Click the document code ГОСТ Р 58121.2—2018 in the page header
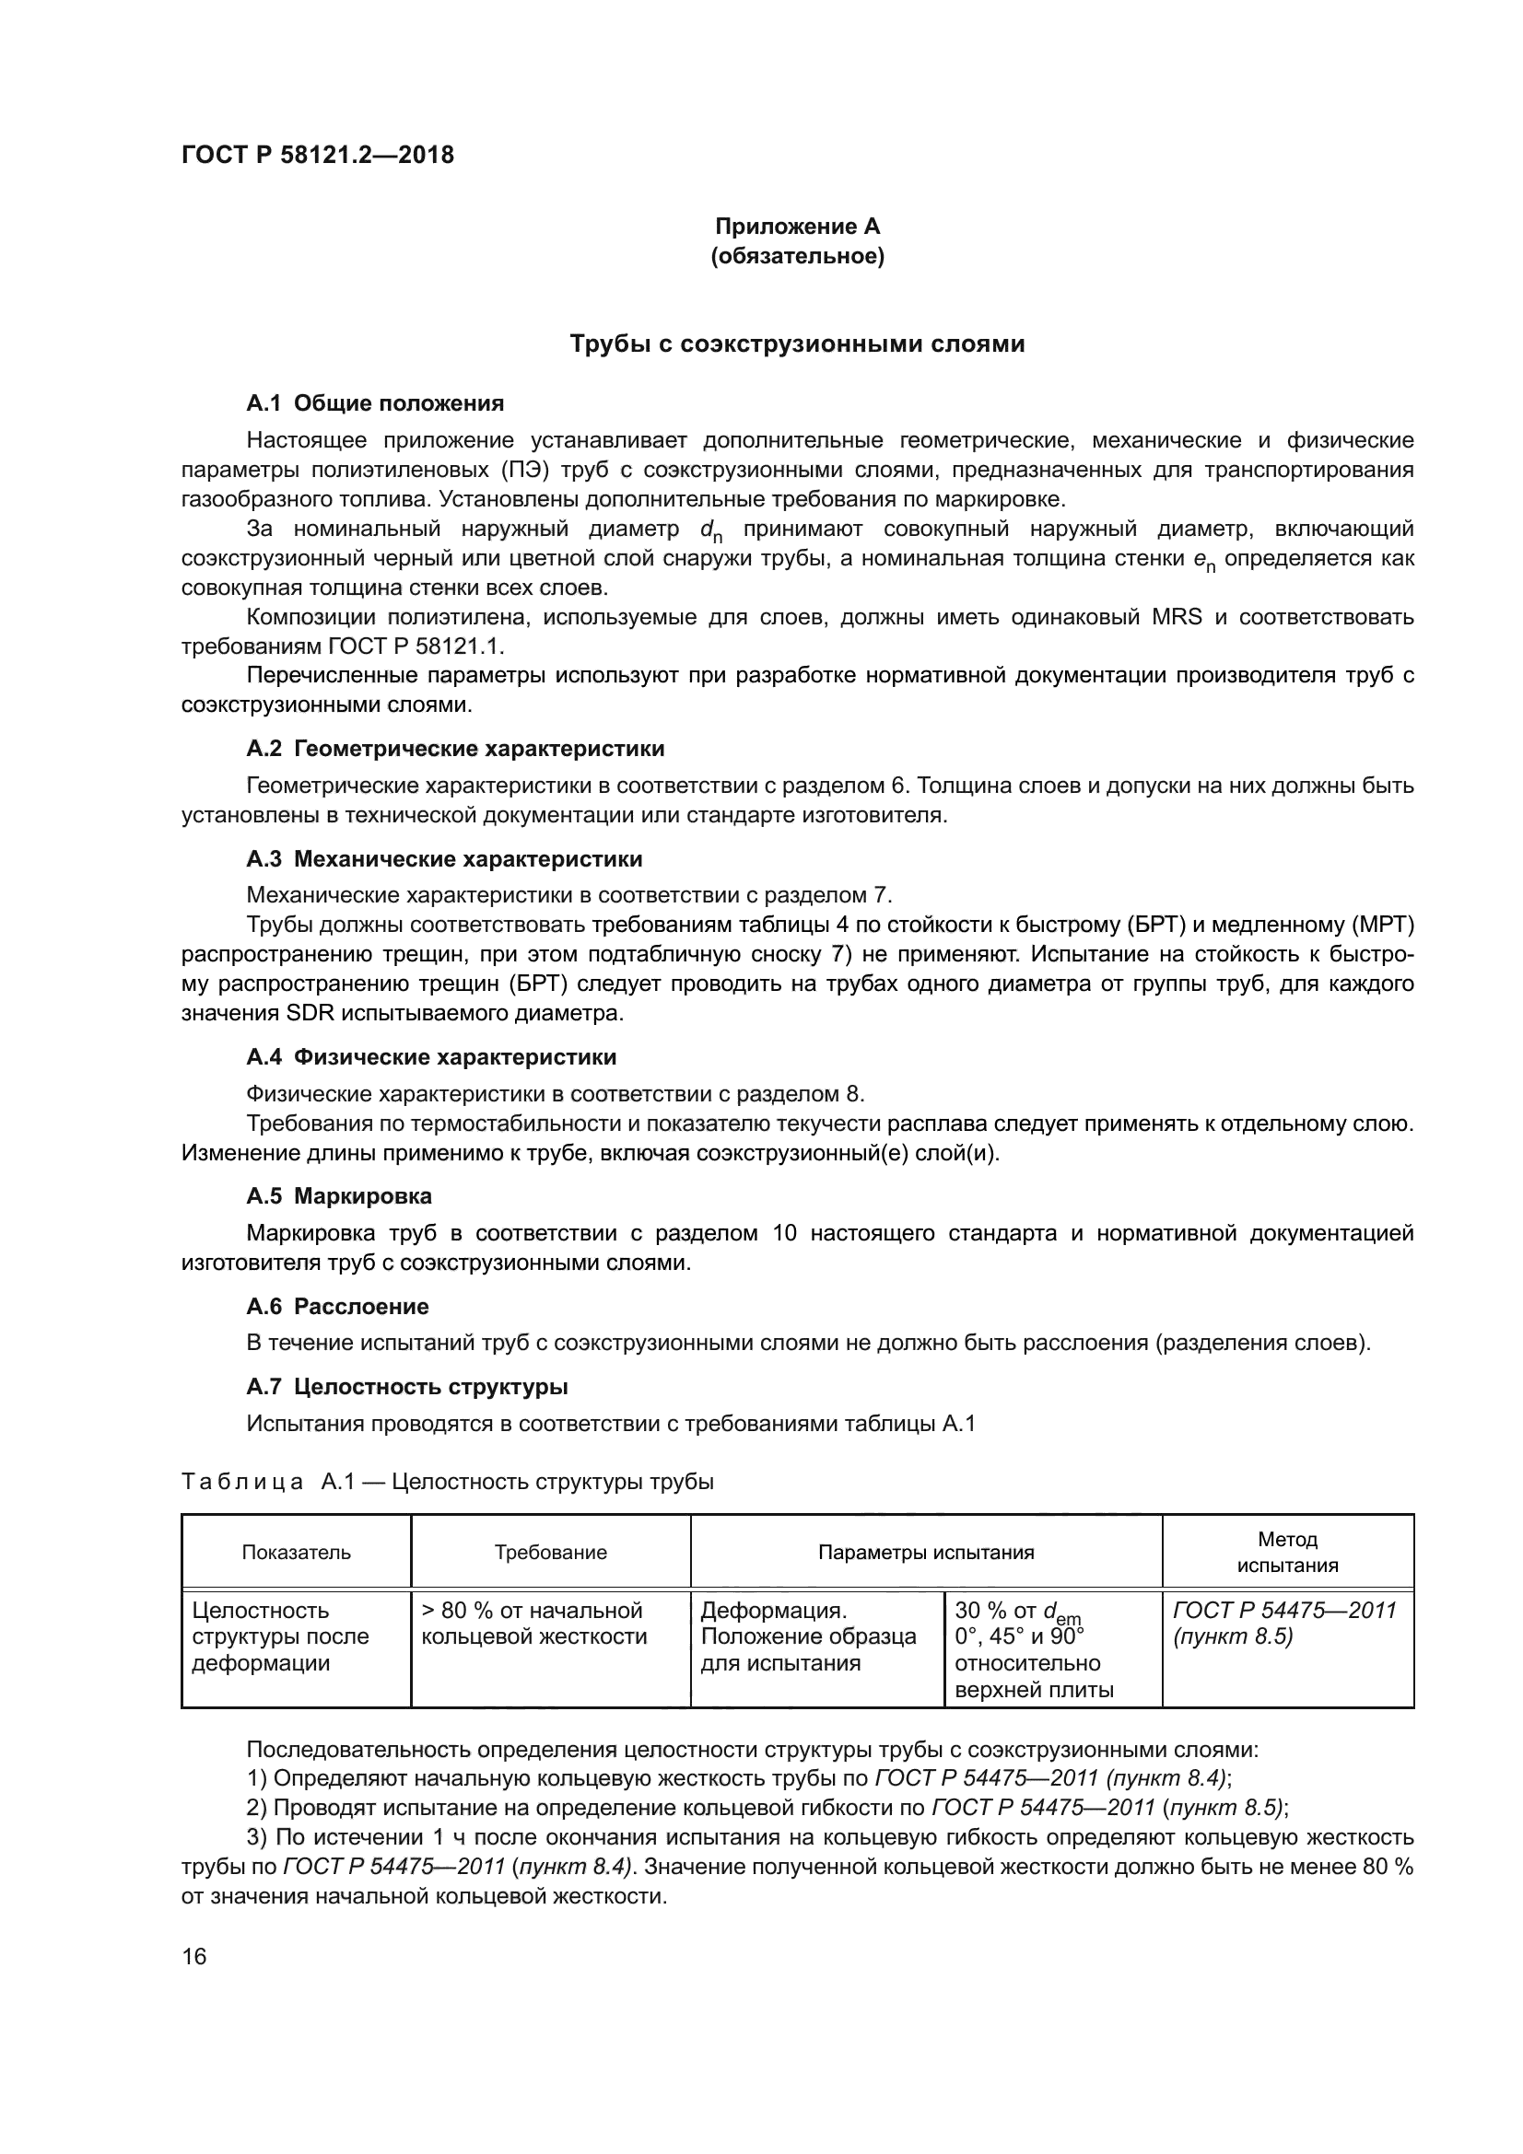pyautogui.click(x=317, y=155)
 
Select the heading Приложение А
pyautogui.click(x=798, y=227)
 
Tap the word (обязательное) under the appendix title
pyautogui.click(x=798, y=256)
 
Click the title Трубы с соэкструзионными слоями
pyautogui.click(x=798, y=344)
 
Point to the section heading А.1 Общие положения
pyautogui.click(x=374, y=403)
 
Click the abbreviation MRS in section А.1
pyautogui.click(x=1176, y=617)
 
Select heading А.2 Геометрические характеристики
pyautogui.click(x=455, y=749)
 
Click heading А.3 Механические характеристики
pyautogui.click(x=444, y=859)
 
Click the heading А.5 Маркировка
pyautogui.click(x=339, y=1196)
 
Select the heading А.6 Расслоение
pyautogui.click(x=337, y=1307)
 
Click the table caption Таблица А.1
pyautogui.click(x=447, y=1483)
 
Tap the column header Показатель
pyautogui.click(x=297, y=1553)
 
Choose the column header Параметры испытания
pyautogui.click(x=925, y=1553)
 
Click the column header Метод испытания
pyautogui.click(x=1286, y=1553)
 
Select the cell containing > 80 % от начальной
pyautogui.click(x=550, y=1637)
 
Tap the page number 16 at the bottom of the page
pyautogui.click(x=194, y=1957)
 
